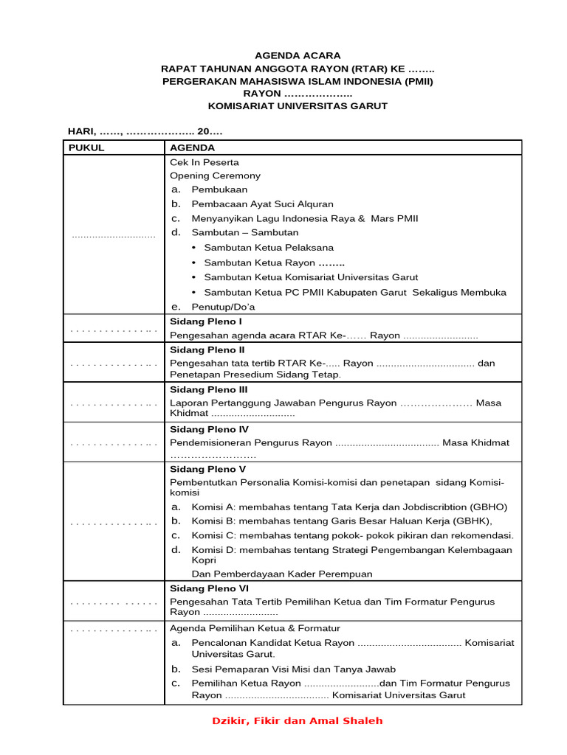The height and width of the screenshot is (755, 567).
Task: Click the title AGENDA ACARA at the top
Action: point(298,55)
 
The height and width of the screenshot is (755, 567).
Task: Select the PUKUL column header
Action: point(86,147)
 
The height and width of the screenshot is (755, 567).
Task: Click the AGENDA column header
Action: point(193,147)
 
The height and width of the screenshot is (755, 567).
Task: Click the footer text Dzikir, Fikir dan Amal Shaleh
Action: point(297,720)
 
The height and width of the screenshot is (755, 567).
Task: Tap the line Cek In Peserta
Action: point(205,162)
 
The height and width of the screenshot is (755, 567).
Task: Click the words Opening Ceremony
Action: point(215,175)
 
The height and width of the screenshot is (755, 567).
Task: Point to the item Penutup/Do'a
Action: point(223,307)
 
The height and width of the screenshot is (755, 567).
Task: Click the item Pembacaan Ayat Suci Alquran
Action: point(262,203)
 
